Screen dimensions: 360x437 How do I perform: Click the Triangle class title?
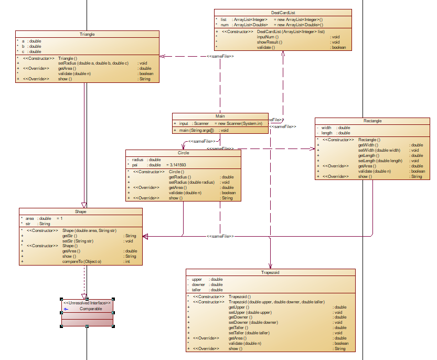click(87, 34)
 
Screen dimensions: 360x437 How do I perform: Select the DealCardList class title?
click(282, 13)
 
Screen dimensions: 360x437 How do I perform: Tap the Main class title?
click(220, 117)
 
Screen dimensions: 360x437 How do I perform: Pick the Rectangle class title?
click(372, 121)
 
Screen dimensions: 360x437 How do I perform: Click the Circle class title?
click(183, 153)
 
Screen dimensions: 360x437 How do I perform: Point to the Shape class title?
click(80, 212)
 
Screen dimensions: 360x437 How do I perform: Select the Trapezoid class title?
click(270, 273)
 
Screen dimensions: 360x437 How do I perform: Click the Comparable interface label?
click(91, 310)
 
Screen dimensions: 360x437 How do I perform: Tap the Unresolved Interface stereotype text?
click(87, 303)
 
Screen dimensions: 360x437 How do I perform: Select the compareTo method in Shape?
click(82, 261)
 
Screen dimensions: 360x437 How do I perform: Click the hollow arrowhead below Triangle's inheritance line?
click(84, 205)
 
